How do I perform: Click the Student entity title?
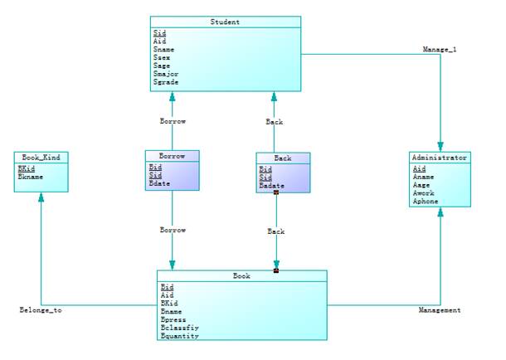(x=226, y=22)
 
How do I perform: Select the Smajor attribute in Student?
(x=166, y=74)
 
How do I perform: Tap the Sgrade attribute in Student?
(x=166, y=82)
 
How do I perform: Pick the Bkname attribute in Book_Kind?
(x=31, y=176)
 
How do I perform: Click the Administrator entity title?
(x=440, y=157)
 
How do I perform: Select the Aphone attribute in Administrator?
(x=426, y=201)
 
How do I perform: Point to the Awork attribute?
(x=424, y=193)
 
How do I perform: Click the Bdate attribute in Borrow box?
(x=160, y=184)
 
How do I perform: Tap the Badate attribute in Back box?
(x=272, y=185)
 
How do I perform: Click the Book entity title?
(x=241, y=275)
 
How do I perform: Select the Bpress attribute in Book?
(x=173, y=319)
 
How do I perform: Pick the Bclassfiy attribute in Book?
(x=179, y=328)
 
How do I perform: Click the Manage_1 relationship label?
(x=440, y=49)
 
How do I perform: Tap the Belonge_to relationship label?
(x=41, y=310)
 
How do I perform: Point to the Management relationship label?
(x=440, y=310)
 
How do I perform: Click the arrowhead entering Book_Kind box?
(x=41, y=197)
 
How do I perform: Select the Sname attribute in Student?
(x=164, y=49)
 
